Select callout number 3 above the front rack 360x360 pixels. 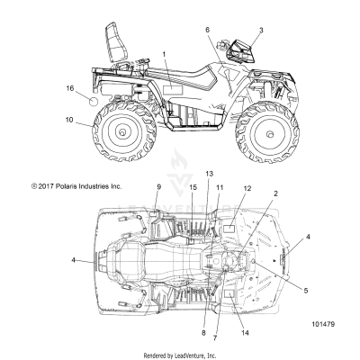(261, 30)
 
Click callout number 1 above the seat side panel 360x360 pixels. (164, 55)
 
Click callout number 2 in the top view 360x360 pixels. (250, 193)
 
